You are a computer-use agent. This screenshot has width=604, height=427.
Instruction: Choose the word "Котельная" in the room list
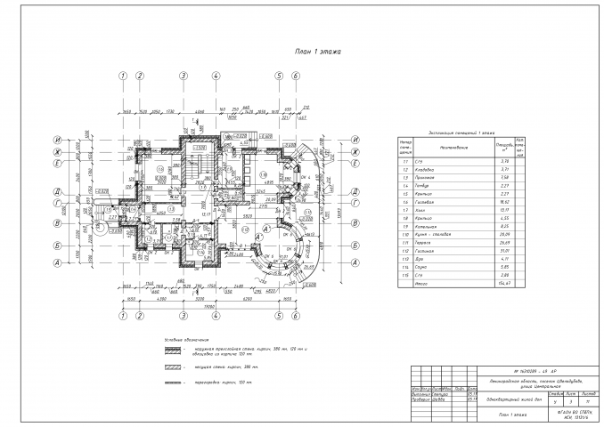click(x=429, y=225)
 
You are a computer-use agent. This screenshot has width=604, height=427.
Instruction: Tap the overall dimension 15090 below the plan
click(x=209, y=305)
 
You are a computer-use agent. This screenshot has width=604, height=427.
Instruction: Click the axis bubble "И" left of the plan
click(x=56, y=140)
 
